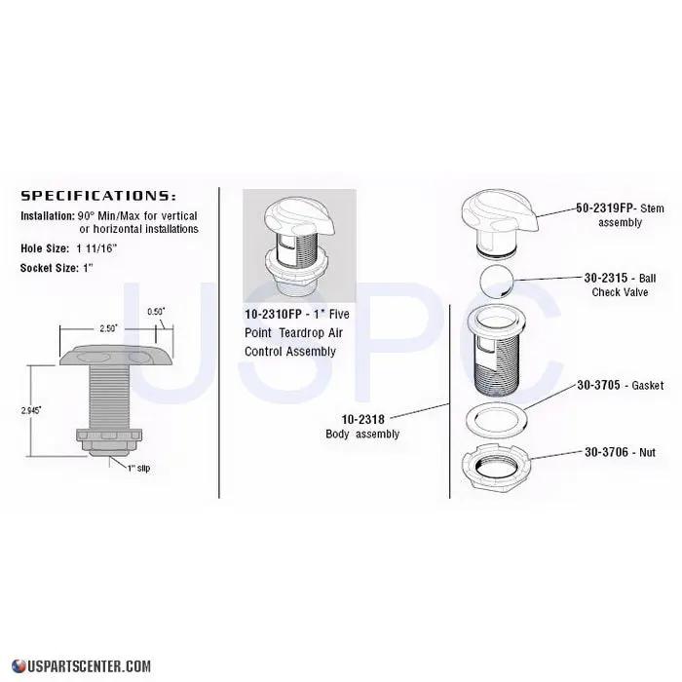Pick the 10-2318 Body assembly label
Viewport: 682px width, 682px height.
(361, 427)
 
